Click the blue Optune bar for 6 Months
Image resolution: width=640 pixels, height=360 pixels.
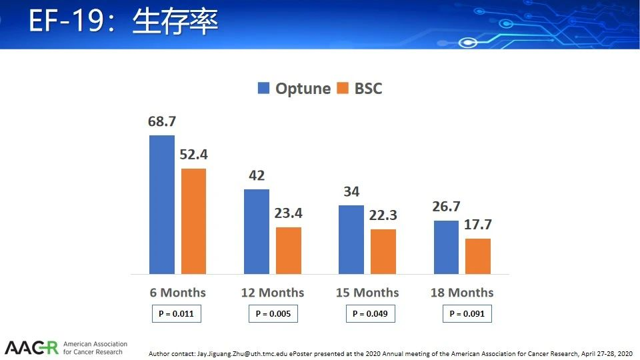point(162,205)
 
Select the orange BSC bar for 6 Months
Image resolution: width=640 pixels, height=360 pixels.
point(193,221)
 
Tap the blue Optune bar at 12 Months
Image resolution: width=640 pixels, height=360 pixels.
point(257,231)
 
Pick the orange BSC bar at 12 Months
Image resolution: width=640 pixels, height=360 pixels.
point(289,251)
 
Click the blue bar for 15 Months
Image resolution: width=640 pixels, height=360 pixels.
point(351,239)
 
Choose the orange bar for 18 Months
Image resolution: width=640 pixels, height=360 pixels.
point(478,256)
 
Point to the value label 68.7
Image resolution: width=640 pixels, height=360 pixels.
point(162,121)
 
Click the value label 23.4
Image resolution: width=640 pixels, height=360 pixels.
point(288,213)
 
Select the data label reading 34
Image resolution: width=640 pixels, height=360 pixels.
point(351,191)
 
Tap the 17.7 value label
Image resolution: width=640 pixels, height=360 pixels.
point(478,225)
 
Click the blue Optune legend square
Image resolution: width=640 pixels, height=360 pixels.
point(264,88)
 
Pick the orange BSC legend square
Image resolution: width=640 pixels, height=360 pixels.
point(343,88)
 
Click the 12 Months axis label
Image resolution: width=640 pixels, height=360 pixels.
point(273,293)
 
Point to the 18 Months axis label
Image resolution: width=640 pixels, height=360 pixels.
point(462,293)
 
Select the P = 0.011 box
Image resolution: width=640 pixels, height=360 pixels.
point(176,313)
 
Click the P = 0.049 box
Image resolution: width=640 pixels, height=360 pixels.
point(370,313)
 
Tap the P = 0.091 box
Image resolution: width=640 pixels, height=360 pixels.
point(467,313)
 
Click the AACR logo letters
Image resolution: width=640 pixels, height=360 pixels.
point(31,348)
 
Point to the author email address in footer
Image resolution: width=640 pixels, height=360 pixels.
point(243,354)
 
